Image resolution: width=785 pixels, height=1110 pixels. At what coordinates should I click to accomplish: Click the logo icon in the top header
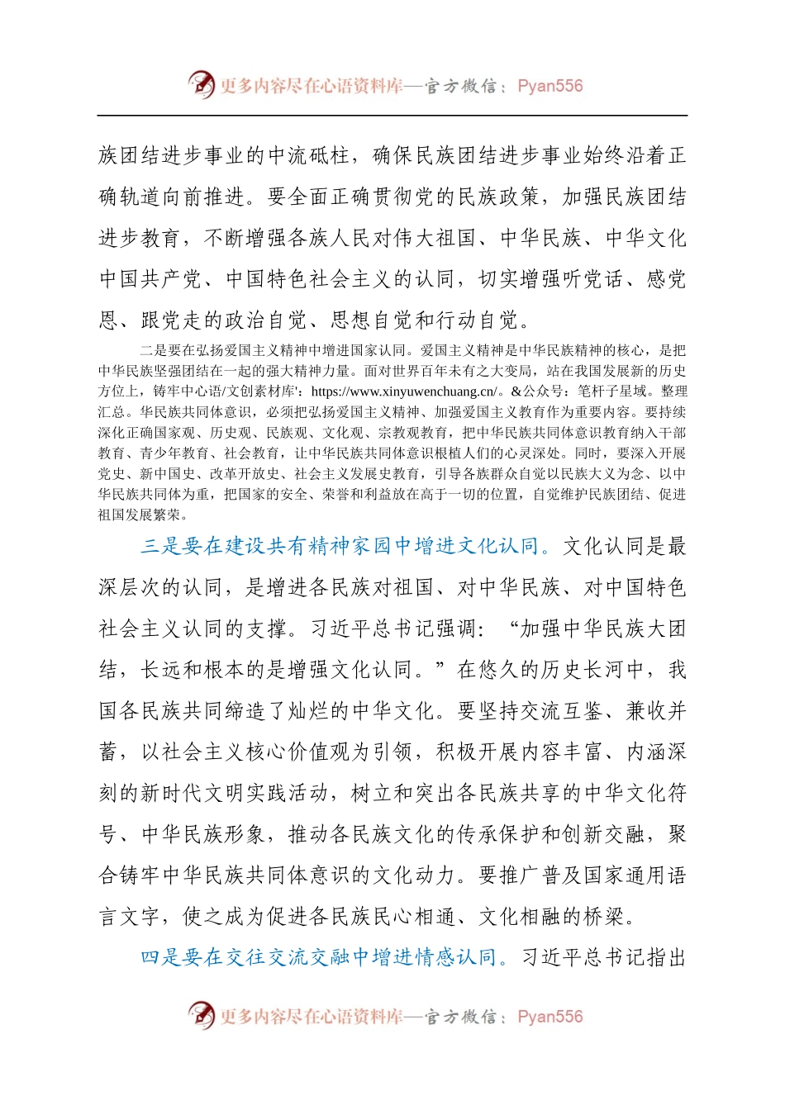[x=201, y=84]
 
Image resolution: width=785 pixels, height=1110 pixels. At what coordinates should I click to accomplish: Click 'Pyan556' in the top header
[x=549, y=86]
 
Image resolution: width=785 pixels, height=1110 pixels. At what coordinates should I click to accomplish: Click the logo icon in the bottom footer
[x=201, y=1015]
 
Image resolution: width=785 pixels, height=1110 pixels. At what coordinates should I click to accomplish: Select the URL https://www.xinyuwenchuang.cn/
[x=405, y=391]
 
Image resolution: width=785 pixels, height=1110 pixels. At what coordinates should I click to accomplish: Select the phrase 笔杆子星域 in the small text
[x=608, y=391]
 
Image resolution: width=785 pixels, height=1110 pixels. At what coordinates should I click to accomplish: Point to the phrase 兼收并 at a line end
[x=656, y=710]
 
